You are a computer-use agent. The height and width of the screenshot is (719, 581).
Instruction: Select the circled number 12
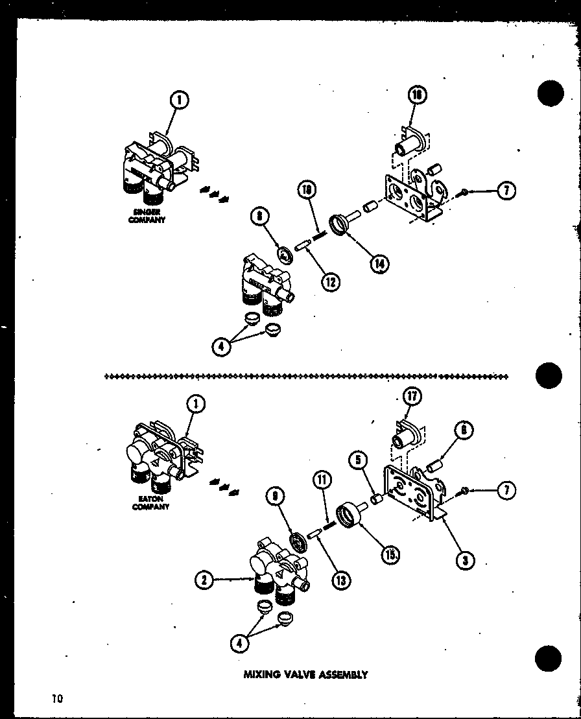(x=332, y=282)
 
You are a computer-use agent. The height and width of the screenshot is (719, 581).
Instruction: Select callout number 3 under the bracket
(x=464, y=560)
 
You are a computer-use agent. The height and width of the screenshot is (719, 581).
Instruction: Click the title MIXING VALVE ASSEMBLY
(x=305, y=674)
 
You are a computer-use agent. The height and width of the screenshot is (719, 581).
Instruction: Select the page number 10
(x=58, y=698)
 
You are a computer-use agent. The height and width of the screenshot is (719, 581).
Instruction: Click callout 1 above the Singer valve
(x=180, y=100)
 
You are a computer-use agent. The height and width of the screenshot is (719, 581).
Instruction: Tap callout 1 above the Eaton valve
(x=195, y=405)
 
